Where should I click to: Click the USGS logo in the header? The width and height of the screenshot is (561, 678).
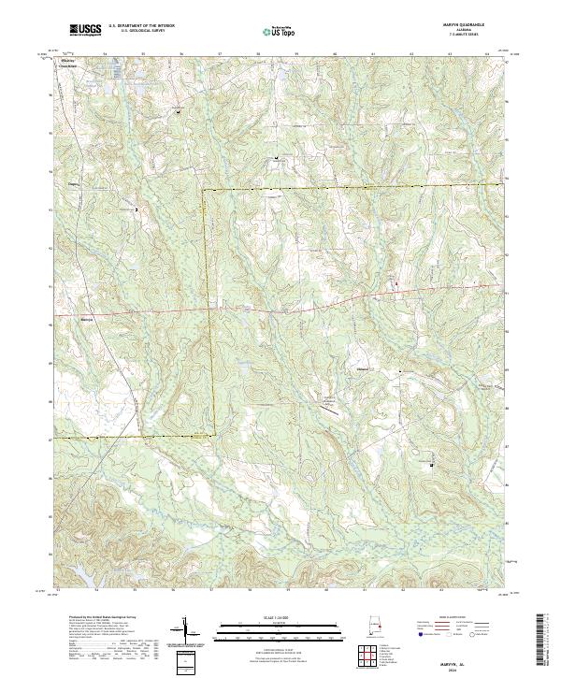(85, 31)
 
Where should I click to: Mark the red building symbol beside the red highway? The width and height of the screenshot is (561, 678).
(396, 282)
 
